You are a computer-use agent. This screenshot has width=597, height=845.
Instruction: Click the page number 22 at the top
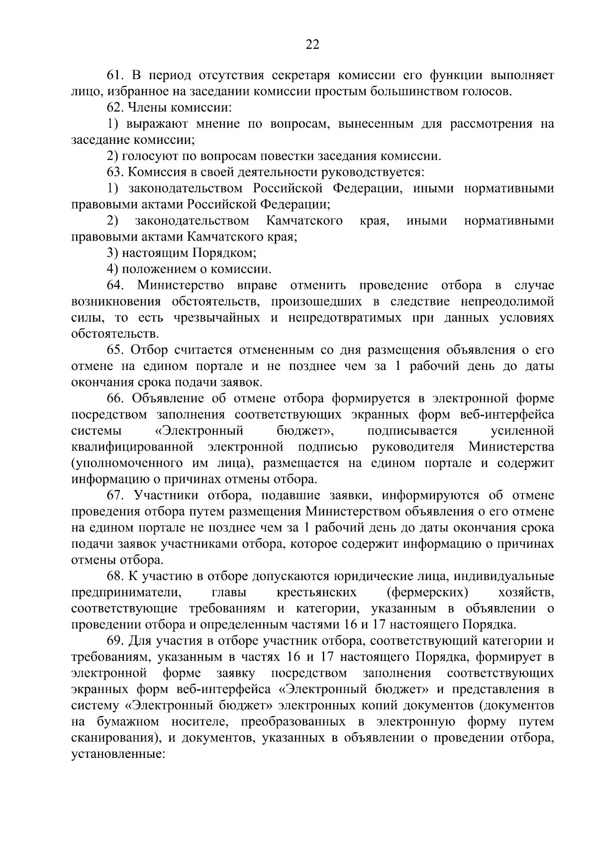[x=312, y=45]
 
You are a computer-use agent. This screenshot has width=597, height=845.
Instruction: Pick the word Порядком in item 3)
[x=225, y=253]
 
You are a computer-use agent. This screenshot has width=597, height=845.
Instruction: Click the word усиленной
[x=522, y=431]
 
